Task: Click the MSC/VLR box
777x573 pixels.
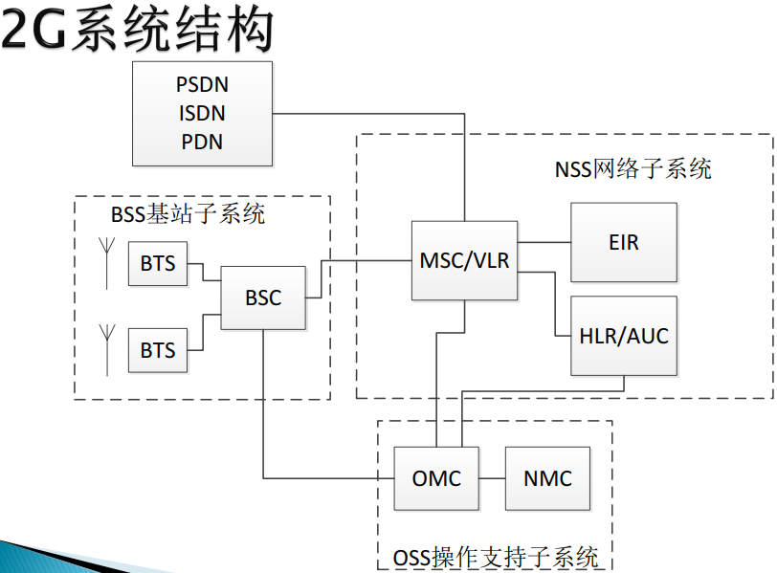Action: (464, 260)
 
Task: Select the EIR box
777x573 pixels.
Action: (623, 242)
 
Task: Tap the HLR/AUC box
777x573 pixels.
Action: (623, 336)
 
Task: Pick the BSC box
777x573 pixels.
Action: (263, 298)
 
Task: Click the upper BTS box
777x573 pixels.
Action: (158, 263)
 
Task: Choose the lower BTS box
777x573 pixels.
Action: (158, 350)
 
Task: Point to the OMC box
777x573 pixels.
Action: (436, 478)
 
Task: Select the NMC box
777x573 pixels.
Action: (547, 478)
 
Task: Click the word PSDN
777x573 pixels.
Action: (202, 84)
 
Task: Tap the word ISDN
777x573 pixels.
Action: (202, 113)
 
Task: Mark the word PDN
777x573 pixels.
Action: (202, 142)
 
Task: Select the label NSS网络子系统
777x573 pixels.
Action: (633, 169)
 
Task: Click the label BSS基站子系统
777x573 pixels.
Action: (188, 214)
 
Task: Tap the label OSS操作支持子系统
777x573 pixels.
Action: (496, 557)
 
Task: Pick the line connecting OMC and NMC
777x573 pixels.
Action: (492, 478)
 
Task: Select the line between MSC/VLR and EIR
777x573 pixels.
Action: (544, 243)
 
